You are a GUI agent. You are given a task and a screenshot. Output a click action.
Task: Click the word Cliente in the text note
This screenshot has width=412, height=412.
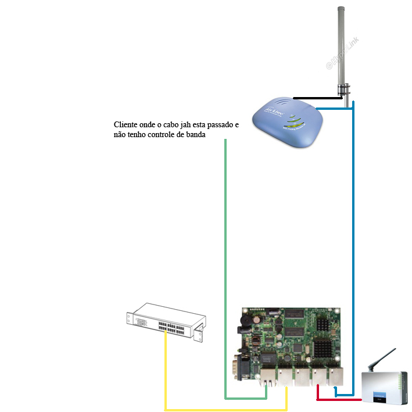(126, 125)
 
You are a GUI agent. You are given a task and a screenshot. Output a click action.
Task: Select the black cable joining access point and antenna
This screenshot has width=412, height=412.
(317, 98)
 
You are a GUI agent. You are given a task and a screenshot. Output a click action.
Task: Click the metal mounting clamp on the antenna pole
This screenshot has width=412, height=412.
(345, 89)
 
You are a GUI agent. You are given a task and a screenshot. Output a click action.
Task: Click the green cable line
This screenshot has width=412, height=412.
(225, 261)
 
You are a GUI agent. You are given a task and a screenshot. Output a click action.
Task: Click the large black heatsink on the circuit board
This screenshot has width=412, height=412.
(323, 349)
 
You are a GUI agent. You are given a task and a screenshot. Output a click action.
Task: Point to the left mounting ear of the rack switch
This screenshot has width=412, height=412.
(129, 317)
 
